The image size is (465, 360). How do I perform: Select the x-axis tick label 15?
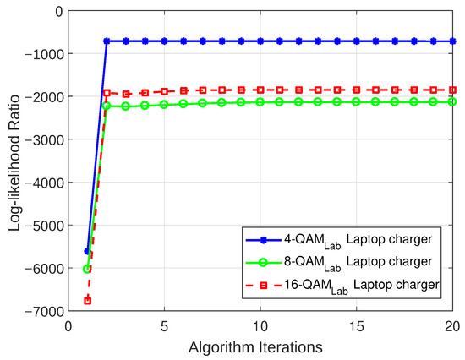click(357, 325)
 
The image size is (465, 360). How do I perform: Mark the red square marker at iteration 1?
click(87, 301)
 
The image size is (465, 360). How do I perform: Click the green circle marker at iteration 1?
click(87, 269)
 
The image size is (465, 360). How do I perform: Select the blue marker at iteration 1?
click(87, 251)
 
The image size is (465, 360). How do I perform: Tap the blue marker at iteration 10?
click(260, 41)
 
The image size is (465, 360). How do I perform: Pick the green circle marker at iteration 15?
click(357, 101)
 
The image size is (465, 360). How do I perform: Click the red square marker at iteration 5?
click(164, 91)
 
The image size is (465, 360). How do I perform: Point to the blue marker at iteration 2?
click(107, 41)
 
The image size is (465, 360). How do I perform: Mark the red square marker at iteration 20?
click(452, 90)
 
